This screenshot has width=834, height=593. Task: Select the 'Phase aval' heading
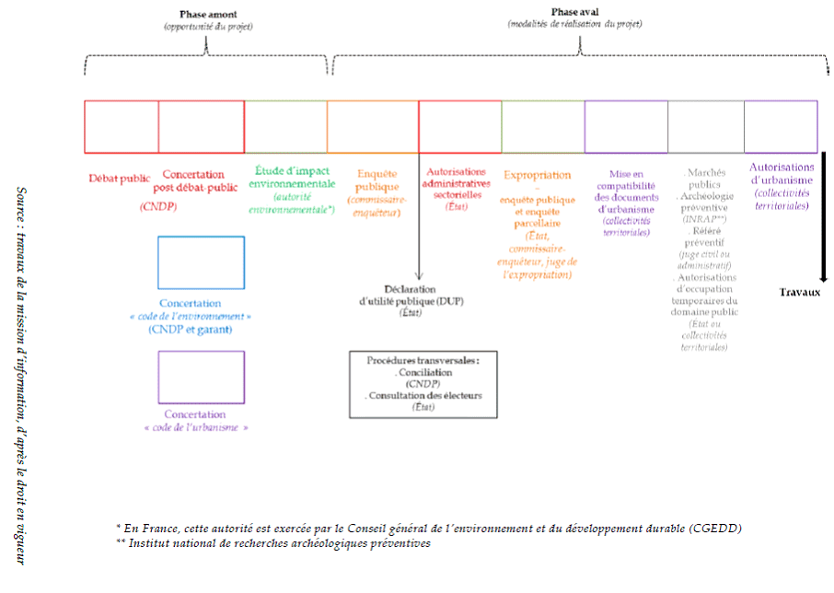(x=573, y=12)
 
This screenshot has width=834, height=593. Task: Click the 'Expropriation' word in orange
(x=537, y=174)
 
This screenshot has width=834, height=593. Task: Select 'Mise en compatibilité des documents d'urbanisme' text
(x=626, y=192)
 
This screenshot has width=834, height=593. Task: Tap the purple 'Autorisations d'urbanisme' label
(x=781, y=173)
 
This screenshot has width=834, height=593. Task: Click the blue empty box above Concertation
(x=201, y=263)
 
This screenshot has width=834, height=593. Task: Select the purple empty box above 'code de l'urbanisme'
(x=201, y=378)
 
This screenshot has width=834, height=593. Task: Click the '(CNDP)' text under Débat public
(x=157, y=207)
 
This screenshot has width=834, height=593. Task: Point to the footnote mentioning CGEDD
(x=429, y=528)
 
